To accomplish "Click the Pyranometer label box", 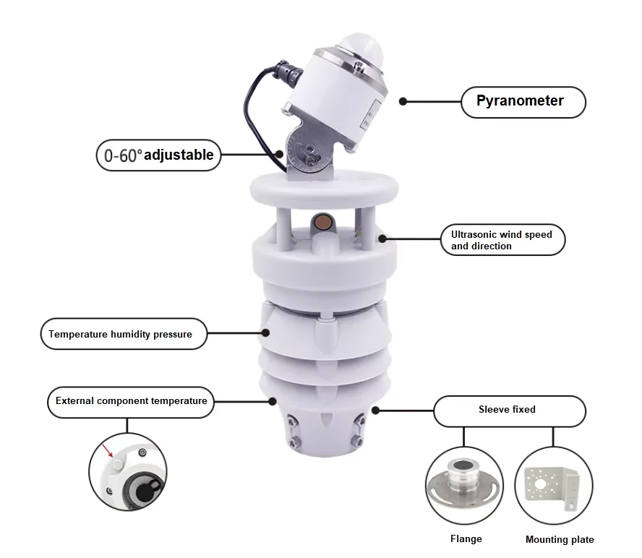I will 523,101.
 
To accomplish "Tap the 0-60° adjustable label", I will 158,155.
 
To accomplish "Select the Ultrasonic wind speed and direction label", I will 502,240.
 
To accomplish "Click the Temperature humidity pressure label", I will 120,334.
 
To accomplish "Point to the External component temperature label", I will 131,401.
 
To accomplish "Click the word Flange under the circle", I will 466,538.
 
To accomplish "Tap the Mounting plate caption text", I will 559,539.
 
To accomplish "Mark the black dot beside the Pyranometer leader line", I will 403,102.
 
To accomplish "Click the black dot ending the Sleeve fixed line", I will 376,410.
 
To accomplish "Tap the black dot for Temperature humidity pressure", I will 266,333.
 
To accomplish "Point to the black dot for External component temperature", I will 273,401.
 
